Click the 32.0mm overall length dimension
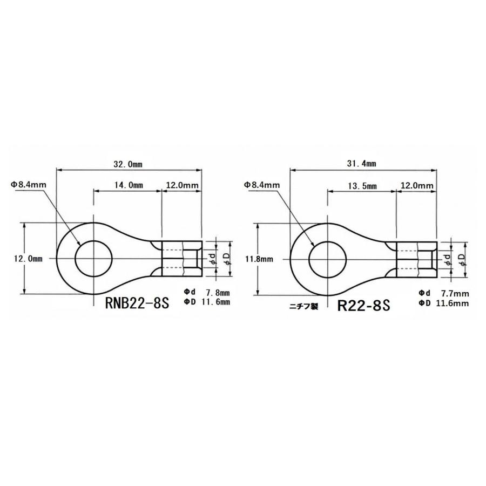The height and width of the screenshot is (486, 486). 130,163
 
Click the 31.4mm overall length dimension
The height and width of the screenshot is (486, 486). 363,163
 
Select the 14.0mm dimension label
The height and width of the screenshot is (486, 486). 128,185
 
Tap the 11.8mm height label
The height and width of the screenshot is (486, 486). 259,259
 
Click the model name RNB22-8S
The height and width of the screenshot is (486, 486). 137,302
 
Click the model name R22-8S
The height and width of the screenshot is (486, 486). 363,306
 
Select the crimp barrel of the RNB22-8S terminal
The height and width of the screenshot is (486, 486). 182,258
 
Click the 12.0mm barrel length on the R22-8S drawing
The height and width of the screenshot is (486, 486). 417,185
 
